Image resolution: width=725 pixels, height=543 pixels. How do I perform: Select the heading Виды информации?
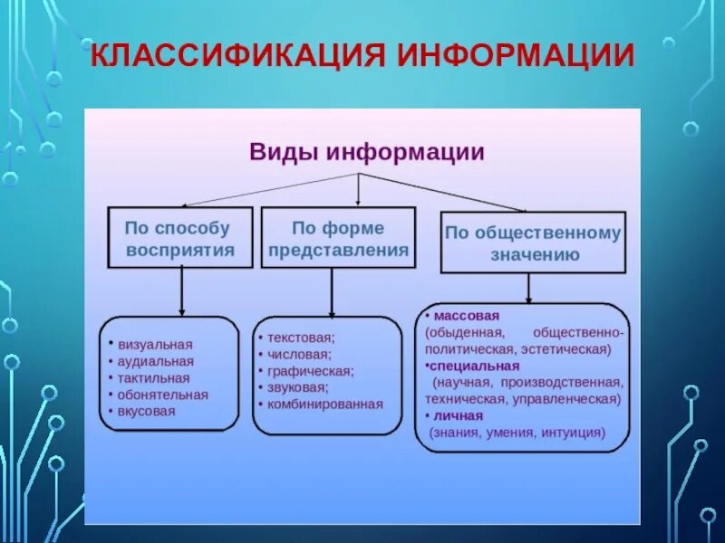tap(367, 151)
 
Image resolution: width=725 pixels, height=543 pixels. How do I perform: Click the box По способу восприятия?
tap(181, 237)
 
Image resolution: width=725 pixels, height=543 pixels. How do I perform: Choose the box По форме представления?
tap(338, 237)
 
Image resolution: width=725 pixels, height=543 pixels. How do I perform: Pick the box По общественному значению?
tap(533, 243)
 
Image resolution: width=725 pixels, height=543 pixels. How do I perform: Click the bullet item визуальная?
tap(155, 344)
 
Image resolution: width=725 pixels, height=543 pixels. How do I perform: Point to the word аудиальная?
tap(156, 361)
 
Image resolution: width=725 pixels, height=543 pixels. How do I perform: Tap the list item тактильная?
tap(154, 377)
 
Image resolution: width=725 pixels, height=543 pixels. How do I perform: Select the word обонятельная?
tap(163, 395)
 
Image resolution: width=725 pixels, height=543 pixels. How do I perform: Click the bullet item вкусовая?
tap(147, 411)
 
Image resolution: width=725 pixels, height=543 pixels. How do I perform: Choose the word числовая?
tap(299, 354)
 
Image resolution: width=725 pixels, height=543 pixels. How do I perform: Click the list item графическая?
tap(309, 371)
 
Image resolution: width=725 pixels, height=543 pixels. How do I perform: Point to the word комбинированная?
tap(324, 405)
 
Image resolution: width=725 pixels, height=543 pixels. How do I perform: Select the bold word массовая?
tap(467, 316)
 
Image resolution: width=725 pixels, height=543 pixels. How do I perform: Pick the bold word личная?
tap(458, 415)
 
